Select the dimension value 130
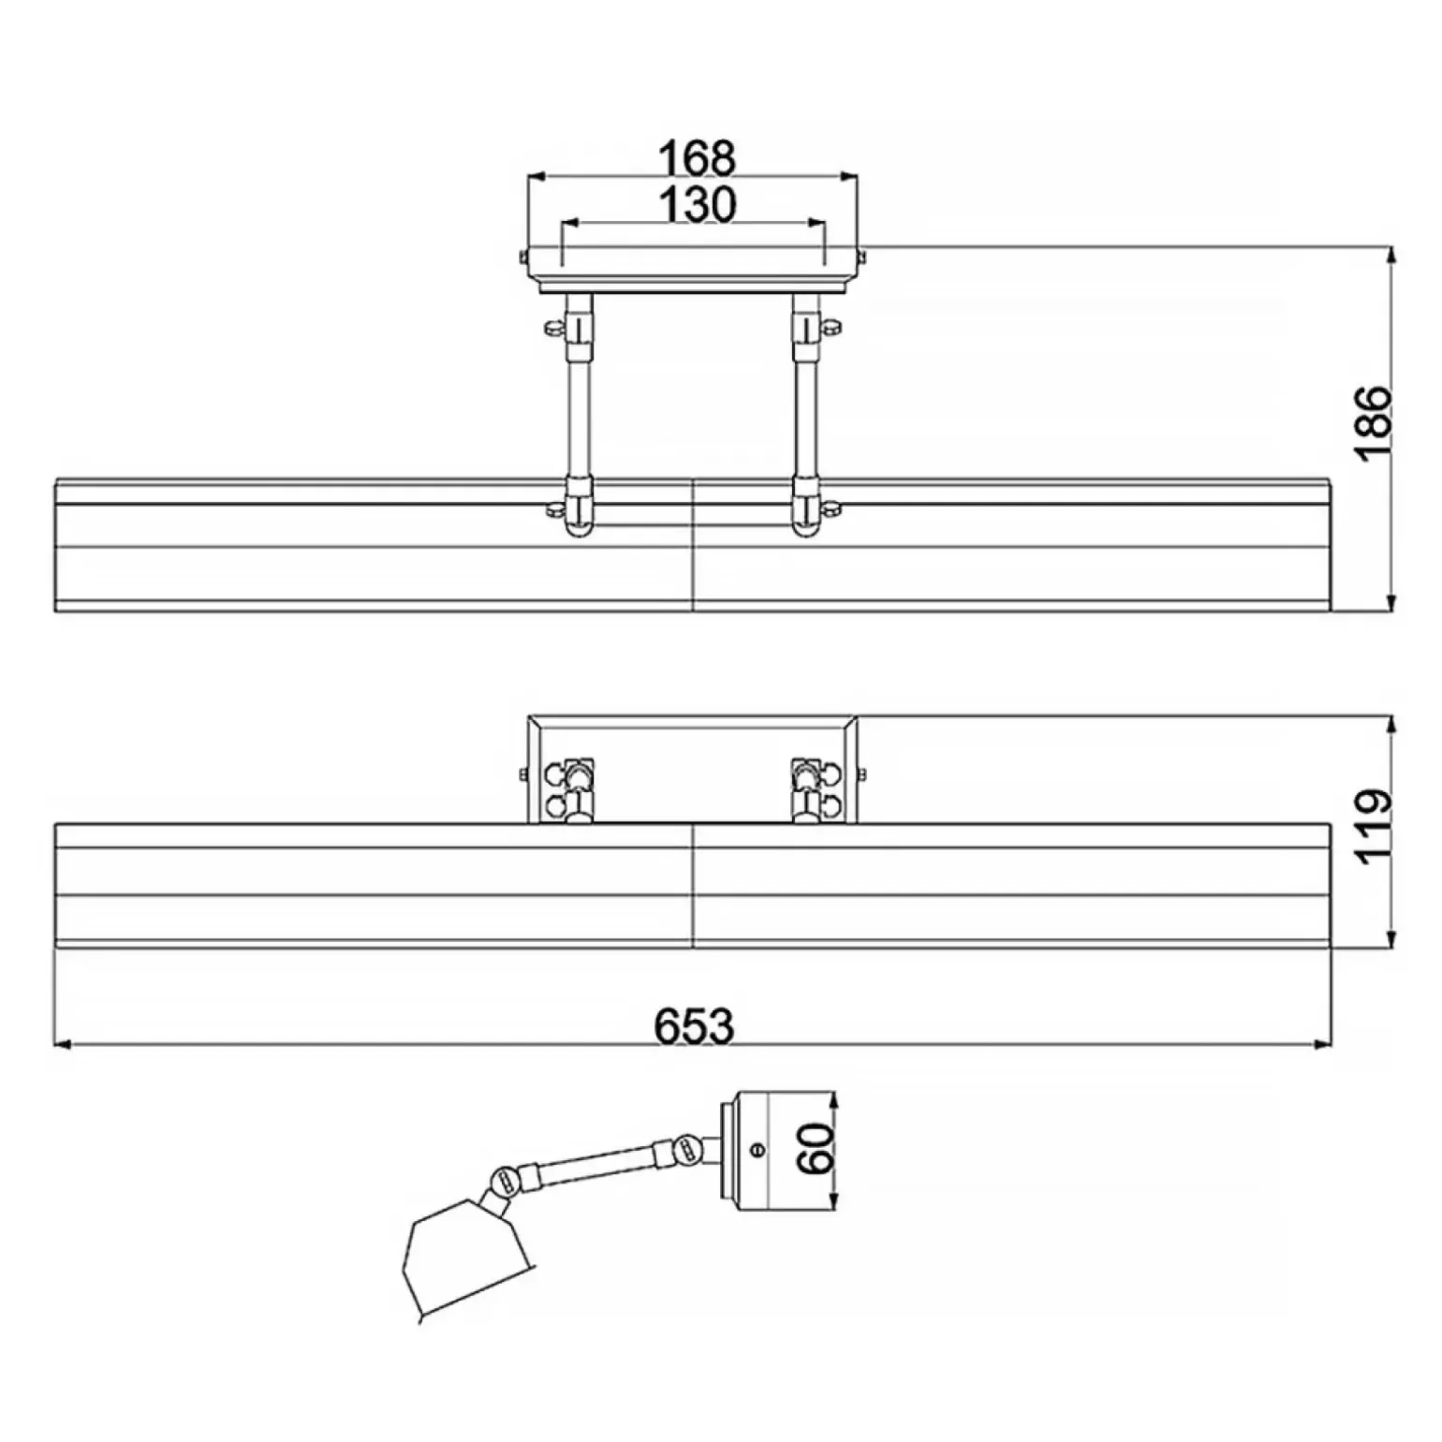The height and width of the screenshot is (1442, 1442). [697, 203]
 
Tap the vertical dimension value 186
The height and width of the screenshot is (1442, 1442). [1374, 422]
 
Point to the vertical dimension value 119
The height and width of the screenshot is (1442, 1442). [1374, 827]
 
